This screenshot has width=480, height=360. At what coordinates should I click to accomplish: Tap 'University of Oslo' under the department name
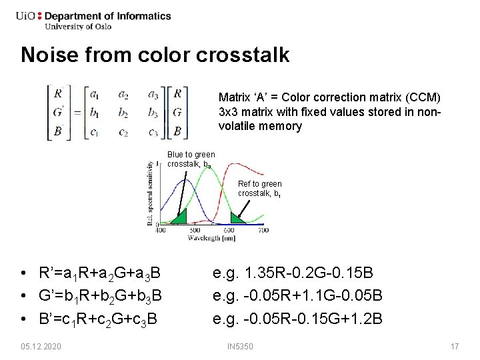77,27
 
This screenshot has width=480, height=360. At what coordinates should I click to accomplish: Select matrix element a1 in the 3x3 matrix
95,94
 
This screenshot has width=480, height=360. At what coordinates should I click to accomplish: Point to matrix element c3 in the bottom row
153,131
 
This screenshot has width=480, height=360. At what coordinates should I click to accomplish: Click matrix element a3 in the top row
153,94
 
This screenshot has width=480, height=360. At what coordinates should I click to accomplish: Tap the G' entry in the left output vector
59,112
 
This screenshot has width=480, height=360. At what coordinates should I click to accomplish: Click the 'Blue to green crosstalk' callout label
191,159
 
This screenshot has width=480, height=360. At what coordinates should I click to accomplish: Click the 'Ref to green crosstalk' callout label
260,189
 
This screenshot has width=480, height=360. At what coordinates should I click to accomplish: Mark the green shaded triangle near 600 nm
237,218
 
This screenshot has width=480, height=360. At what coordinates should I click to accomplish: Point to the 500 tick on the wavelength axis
195,230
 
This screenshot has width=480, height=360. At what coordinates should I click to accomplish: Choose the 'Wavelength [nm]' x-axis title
211,237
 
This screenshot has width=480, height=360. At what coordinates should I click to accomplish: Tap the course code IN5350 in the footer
240,347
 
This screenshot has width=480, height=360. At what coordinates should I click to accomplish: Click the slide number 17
455,347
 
